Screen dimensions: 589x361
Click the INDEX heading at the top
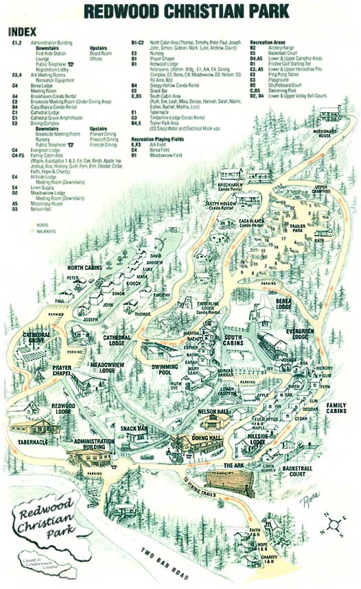[23, 32]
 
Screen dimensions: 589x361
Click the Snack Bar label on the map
[135, 428]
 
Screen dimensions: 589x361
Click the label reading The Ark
[231, 465]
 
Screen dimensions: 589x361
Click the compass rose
[336, 527]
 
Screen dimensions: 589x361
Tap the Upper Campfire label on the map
[321, 188]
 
